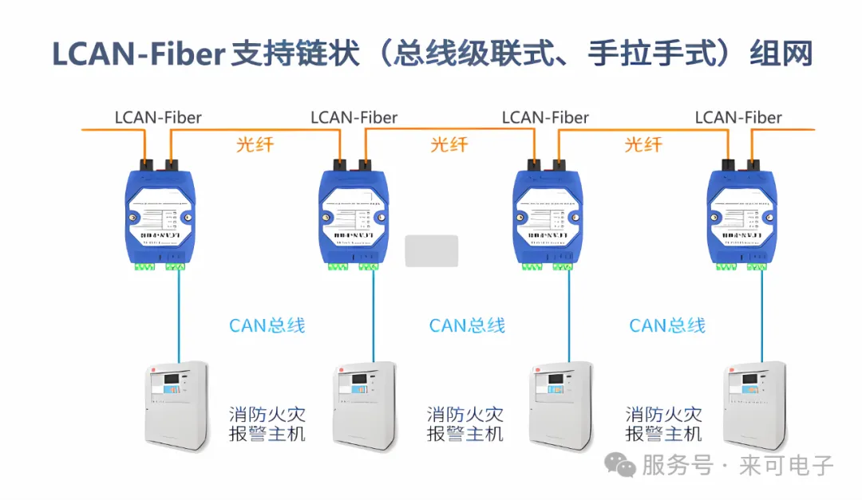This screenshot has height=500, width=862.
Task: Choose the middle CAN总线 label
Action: pyautogui.click(x=467, y=325)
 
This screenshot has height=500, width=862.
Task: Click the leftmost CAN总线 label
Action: pyautogui.click(x=267, y=325)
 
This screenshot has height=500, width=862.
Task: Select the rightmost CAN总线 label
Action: pyautogui.click(x=667, y=325)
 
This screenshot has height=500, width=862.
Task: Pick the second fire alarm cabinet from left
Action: pyautogui.click(x=364, y=405)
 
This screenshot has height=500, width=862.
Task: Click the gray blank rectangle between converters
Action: pyautogui.click(x=432, y=250)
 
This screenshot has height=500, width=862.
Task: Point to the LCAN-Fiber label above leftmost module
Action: pyautogui.click(x=158, y=118)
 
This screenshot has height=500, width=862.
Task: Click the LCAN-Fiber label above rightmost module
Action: pyautogui.click(x=738, y=118)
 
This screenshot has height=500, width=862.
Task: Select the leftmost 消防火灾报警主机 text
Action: pyautogui.click(x=267, y=424)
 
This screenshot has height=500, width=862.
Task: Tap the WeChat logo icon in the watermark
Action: pyautogui.click(x=619, y=464)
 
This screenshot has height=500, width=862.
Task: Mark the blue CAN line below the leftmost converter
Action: pyautogui.click(x=179, y=315)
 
